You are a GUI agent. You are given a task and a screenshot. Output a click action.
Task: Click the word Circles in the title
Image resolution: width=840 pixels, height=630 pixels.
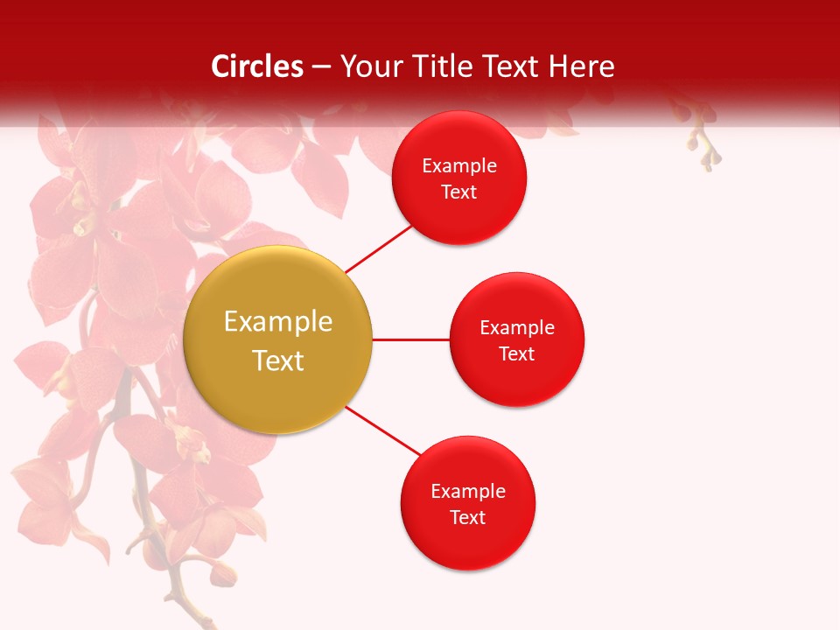pos(257,66)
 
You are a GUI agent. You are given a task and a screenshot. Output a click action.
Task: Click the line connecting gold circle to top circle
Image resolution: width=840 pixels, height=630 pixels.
pos(378,248)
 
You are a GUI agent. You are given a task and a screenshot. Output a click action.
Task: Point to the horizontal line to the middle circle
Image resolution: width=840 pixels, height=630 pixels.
pos(410,339)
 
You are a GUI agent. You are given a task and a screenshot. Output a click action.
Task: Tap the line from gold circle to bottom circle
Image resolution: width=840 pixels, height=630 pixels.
pos(382,430)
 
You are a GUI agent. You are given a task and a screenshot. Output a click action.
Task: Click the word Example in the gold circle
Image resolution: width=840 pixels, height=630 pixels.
pos(278,322)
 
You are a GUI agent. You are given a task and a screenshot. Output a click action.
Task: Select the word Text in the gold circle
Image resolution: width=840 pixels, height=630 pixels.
pos(278,360)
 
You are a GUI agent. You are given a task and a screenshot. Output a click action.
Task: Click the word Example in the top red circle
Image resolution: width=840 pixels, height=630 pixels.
pos(459,166)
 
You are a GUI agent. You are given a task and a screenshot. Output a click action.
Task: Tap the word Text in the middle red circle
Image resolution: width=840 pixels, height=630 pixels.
pos(516,354)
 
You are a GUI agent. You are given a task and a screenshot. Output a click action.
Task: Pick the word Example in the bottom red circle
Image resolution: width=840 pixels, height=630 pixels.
pos(467,492)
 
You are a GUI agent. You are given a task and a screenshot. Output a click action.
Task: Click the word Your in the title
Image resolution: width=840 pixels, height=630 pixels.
pos(367,66)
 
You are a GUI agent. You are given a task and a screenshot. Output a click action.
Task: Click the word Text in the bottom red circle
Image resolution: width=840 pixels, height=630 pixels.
pos(467,518)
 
